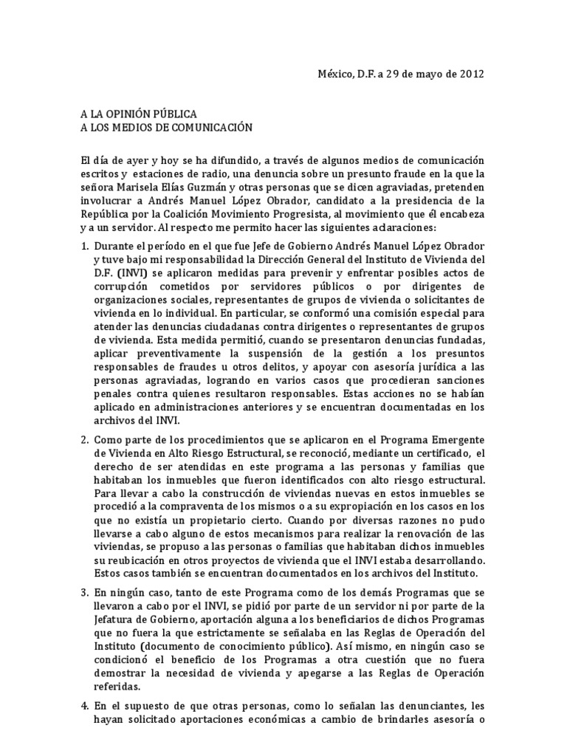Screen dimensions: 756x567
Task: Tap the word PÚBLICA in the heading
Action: (172, 114)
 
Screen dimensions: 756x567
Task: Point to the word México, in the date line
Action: (336, 74)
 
